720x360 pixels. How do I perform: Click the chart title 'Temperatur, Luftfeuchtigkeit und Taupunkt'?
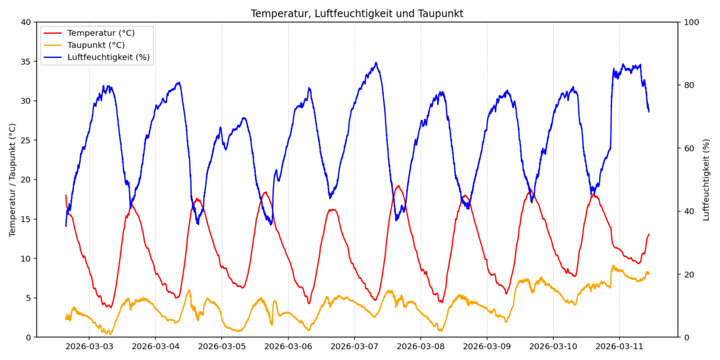tap(357, 13)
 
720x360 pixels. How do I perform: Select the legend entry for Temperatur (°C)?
tap(100, 33)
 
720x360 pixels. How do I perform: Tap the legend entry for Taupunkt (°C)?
tap(96, 45)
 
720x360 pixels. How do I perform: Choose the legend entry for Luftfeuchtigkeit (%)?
tap(108, 57)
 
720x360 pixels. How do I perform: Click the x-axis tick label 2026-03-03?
tap(89, 347)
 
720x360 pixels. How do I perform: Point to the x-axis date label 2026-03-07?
tap(354, 347)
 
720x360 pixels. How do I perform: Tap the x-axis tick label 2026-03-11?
tap(619, 347)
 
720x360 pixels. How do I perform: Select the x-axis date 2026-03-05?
tap(221, 347)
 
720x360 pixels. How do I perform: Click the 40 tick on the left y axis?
tap(26, 22)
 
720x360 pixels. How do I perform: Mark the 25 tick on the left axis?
tap(26, 141)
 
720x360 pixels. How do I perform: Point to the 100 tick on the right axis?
tap(692, 22)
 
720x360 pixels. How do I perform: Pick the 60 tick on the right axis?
tap(689, 148)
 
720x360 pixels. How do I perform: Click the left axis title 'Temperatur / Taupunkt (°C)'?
tap(12, 179)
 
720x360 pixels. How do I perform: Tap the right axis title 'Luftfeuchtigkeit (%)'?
tap(706, 179)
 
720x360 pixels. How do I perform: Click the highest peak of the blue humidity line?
tap(376, 63)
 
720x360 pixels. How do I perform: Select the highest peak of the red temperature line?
tap(398, 186)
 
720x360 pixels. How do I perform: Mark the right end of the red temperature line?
tap(649, 234)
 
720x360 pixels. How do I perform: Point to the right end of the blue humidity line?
tap(649, 111)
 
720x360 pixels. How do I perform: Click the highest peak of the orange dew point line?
tap(613, 265)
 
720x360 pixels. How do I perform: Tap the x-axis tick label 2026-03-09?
tap(487, 347)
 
